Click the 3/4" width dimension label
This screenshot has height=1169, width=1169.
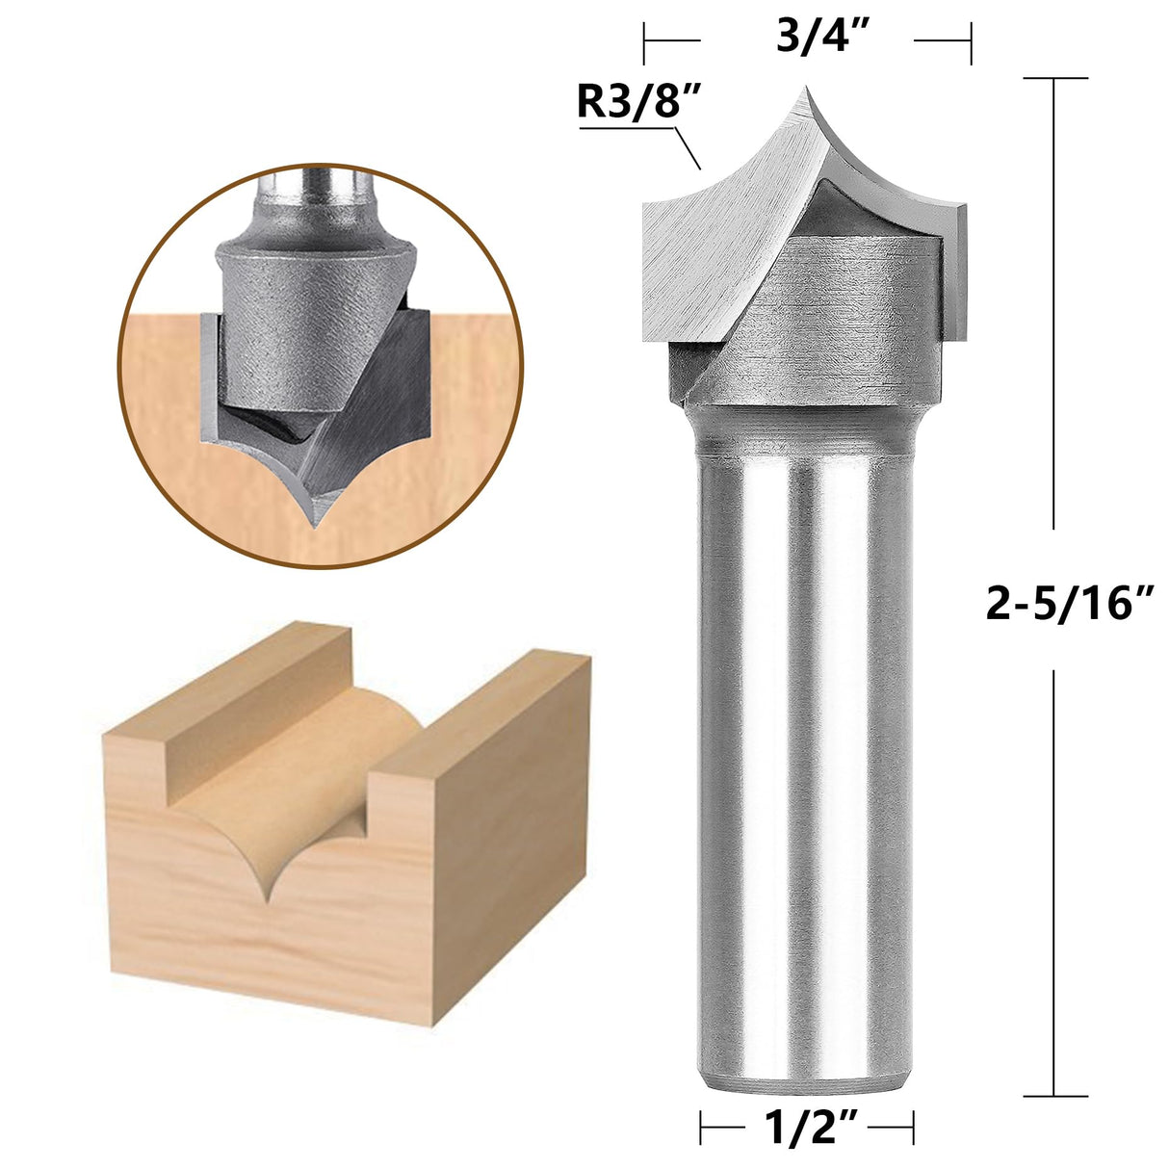point(808,39)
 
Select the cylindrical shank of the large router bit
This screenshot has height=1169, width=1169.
point(802,751)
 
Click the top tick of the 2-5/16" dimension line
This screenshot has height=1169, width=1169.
point(1055,78)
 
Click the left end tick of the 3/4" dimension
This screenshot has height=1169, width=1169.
point(644,40)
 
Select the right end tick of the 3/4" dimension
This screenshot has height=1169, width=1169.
point(970,40)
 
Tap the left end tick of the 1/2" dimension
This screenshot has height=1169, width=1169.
point(701,1125)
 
